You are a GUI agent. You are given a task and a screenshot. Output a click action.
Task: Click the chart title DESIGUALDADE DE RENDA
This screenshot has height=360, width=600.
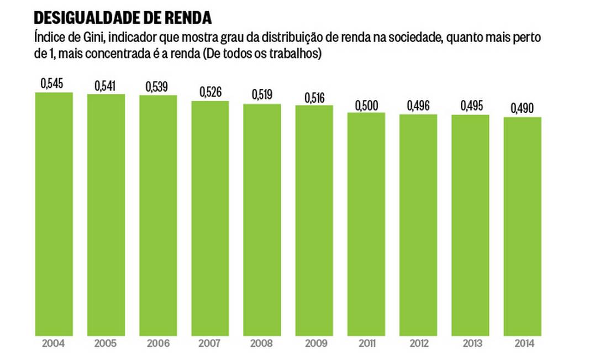click(123, 18)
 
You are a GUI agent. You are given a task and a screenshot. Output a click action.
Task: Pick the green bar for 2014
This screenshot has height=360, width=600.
click(522, 226)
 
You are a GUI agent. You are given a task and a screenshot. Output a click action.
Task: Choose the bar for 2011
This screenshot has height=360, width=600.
click(366, 224)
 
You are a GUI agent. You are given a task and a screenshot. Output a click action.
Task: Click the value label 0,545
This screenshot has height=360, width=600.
click(52, 84)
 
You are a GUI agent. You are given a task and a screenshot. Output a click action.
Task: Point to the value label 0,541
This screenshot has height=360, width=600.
click(106, 86)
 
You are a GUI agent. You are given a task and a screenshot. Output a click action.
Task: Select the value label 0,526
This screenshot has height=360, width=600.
click(210, 92)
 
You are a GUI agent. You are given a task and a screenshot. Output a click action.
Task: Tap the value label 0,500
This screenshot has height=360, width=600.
click(366, 104)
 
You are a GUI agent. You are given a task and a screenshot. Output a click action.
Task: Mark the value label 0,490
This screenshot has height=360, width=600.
click(522, 108)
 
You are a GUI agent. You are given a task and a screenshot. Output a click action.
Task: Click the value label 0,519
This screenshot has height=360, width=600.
click(262, 95)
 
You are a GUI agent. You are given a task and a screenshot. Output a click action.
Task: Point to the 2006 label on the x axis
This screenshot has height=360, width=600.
click(157, 343)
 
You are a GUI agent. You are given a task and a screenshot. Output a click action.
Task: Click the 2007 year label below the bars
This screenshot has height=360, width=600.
click(210, 343)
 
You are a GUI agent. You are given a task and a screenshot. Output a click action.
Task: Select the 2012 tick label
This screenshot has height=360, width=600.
click(418, 343)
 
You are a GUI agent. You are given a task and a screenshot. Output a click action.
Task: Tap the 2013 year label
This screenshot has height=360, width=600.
click(470, 343)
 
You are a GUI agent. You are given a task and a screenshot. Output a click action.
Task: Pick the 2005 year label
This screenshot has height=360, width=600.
click(106, 343)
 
